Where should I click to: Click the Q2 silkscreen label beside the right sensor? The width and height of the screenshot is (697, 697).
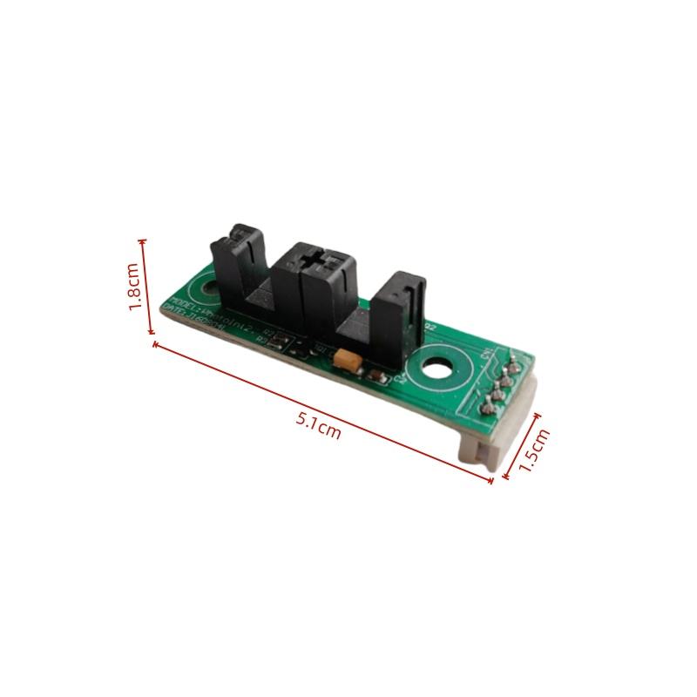click(429, 328)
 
